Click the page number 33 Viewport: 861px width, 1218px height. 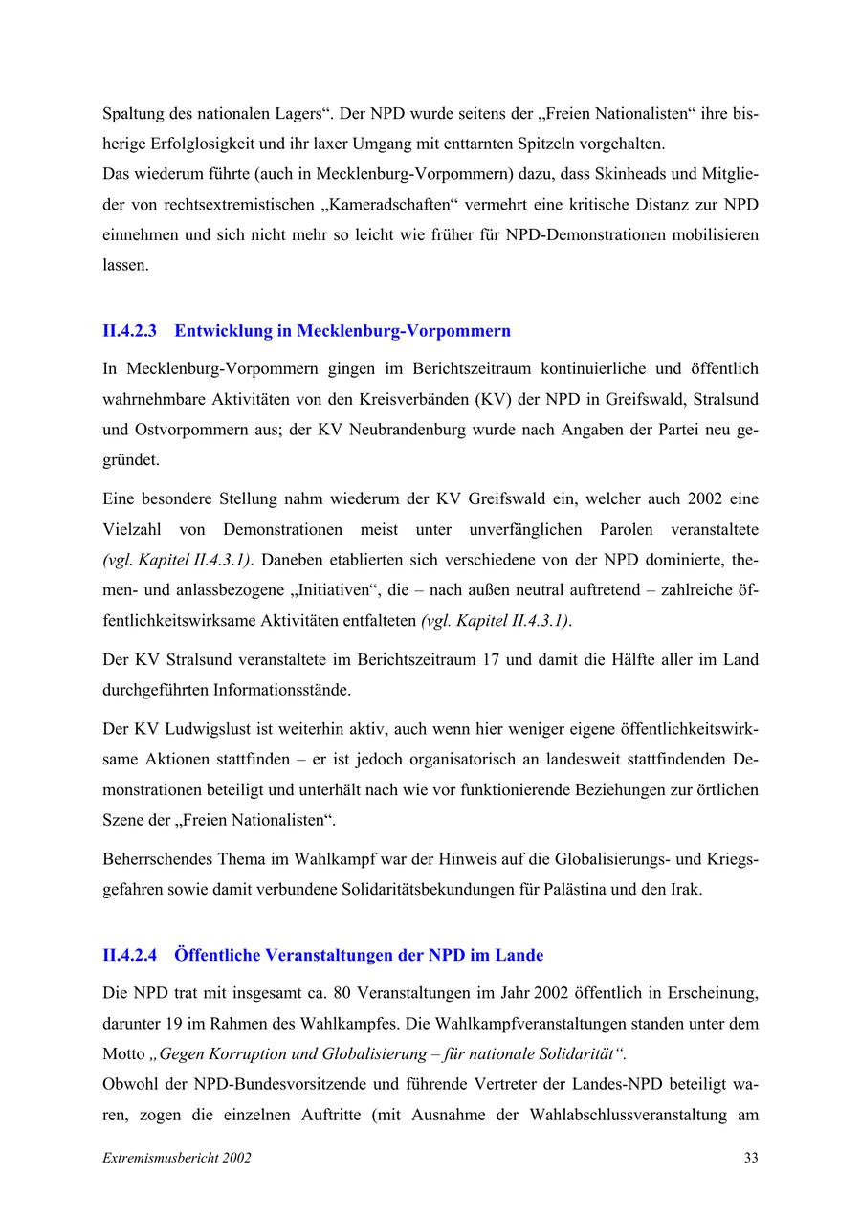[x=751, y=1158]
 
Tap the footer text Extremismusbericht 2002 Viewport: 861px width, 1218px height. [x=177, y=1158]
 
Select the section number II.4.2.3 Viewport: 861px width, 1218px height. [x=129, y=331]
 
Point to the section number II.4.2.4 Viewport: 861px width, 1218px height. [x=129, y=955]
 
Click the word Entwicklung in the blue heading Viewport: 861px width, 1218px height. [x=223, y=331]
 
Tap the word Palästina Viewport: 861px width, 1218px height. [x=579, y=889]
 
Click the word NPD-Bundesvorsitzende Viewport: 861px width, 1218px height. [x=275, y=1085]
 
